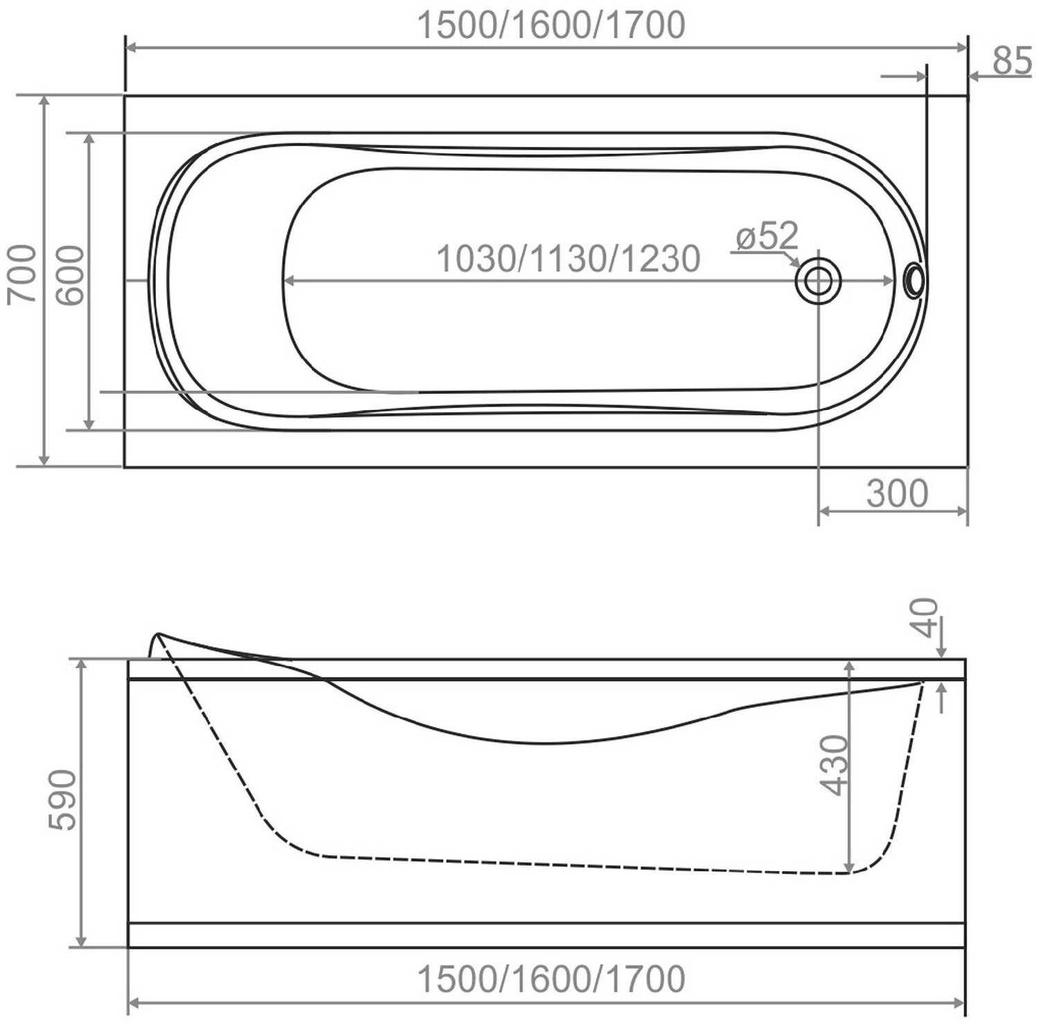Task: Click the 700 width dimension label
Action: click(x=21, y=274)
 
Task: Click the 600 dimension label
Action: click(x=70, y=275)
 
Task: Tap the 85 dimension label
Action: click(x=1012, y=61)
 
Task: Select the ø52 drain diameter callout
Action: click(x=767, y=236)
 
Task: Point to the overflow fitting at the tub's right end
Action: click(x=914, y=280)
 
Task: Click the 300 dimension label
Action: click(x=897, y=493)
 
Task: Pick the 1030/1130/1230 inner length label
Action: click(x=568, y=258)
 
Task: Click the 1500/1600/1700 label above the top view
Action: click(x=551, y=25)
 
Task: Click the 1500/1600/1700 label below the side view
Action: click(x=551, y=979)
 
